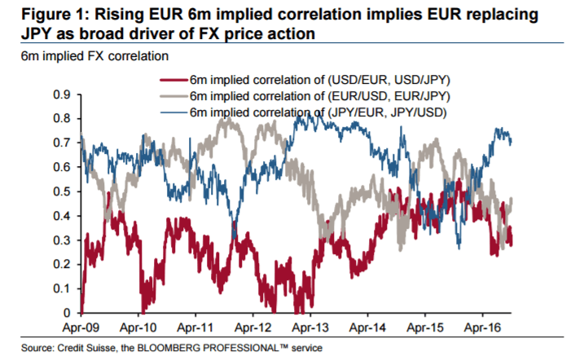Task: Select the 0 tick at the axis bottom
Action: pos(67,314)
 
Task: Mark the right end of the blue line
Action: pos(512,143)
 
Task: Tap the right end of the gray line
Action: pos(512,200)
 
